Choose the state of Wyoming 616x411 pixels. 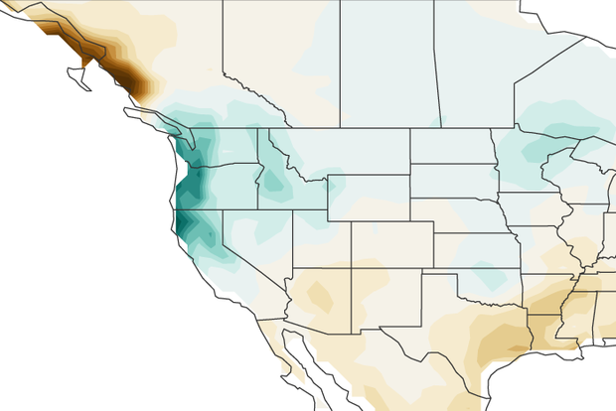368,199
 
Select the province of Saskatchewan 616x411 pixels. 387,60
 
